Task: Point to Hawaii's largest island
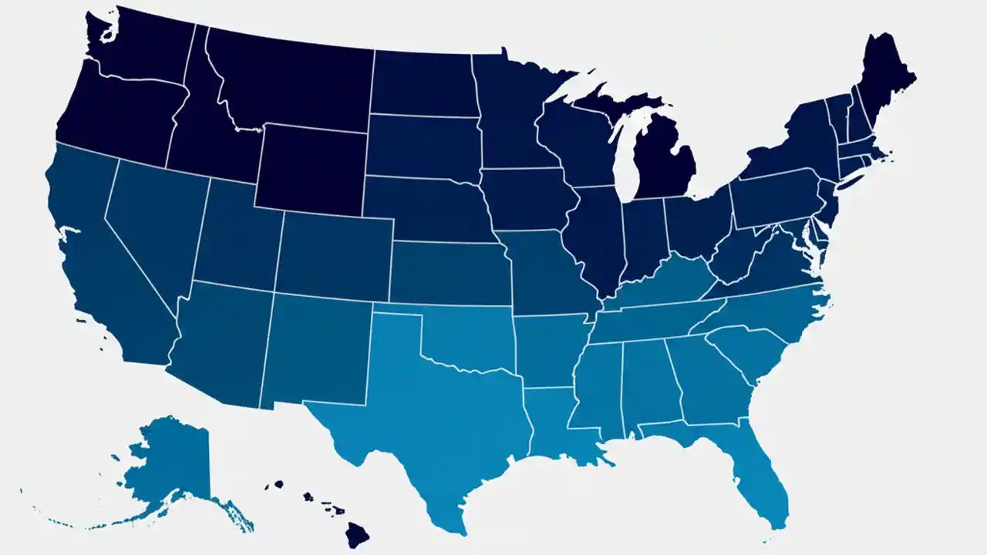tap(357, 533)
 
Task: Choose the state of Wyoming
tap(308, 166)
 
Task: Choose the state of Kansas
tap(447, 274)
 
